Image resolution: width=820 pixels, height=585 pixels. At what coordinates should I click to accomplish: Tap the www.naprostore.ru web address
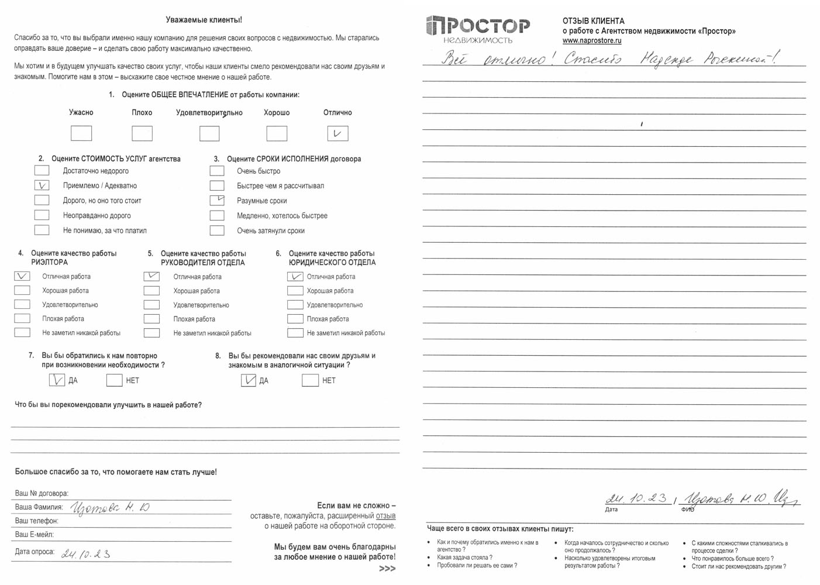[592, 41]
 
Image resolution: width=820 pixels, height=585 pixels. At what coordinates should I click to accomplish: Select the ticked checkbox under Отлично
[337, 133]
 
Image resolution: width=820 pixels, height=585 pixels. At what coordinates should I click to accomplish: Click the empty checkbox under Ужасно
[81, 133]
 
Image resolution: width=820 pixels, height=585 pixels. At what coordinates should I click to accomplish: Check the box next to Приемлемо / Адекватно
[42, 185]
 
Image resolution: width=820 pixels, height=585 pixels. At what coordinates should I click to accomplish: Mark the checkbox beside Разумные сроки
[217, 200]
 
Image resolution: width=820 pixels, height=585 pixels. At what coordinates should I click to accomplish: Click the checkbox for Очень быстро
[217, 171]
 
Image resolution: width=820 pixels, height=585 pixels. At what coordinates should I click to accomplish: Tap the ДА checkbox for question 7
[57, 380]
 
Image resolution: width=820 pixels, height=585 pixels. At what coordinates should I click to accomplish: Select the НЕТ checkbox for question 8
[310, 380]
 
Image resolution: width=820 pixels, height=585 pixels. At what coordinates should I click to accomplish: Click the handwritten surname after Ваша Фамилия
[110, 508]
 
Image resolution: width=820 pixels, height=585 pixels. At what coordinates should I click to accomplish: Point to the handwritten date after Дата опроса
[86, 553]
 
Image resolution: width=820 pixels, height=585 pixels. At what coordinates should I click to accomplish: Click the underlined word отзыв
[385, 516]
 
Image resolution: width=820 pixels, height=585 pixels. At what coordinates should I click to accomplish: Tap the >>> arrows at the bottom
[387, 569]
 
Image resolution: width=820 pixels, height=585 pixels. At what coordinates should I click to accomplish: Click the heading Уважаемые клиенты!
[204, 20]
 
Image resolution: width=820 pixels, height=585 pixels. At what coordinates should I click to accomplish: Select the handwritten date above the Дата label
[636, 498]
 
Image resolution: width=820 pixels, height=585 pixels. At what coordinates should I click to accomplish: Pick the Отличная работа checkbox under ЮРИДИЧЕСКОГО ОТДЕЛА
[295, 277]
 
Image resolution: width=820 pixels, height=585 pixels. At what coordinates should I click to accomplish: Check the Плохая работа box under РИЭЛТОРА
[22, 319]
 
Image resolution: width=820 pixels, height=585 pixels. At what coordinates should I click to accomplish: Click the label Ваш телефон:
[36, 521]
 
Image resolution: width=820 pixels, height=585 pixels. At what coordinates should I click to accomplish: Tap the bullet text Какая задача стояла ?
[464, 558]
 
